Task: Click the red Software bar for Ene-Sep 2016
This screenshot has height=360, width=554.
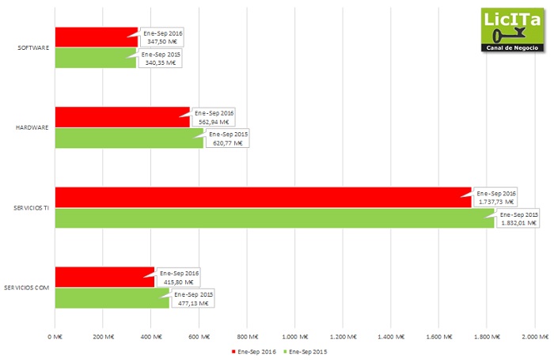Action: click(95, 36)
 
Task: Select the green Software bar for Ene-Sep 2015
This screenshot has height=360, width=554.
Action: click(95, 58)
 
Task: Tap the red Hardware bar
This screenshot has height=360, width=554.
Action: click(122, 117)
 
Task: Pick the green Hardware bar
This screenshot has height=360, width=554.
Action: click(127, 138)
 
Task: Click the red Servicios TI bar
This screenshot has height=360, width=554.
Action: click(261, 197)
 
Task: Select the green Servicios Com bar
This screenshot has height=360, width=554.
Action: click(111, 298)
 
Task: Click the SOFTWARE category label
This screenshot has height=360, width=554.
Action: click(34, 47)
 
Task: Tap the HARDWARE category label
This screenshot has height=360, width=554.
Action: click(33, 127)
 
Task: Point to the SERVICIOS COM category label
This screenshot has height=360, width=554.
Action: click(28, 287)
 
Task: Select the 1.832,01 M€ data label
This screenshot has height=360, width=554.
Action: click(519, 223)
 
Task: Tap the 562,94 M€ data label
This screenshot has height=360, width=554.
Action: click(214, 122)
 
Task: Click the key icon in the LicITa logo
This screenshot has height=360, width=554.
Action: click(503, 36)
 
